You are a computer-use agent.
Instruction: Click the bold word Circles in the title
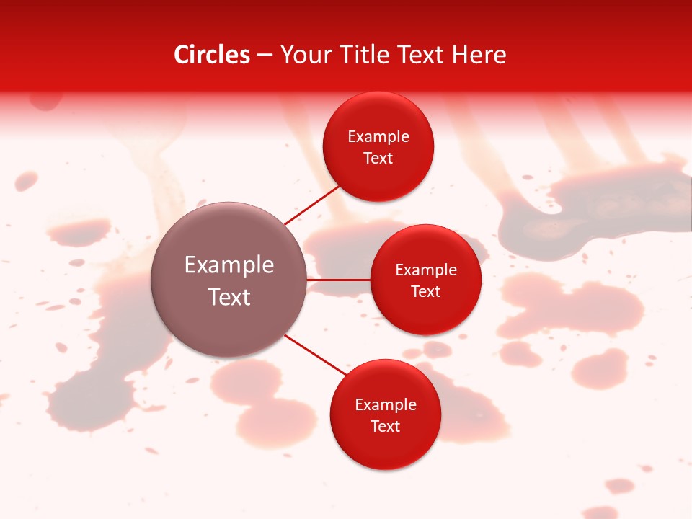(211, 55)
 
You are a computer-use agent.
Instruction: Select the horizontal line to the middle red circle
(339, 279)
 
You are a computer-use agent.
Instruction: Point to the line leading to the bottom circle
(316, 354)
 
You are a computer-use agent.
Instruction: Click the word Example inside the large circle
(229, 265)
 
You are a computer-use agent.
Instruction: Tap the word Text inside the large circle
(229, 297)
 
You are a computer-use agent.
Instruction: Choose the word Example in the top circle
(378, 136)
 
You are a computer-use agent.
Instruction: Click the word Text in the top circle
(378, 158)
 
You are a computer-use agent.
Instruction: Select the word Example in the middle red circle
(426, 270)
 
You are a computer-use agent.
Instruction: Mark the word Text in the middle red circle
(426, 291)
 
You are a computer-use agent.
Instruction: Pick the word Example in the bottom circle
(386, 404)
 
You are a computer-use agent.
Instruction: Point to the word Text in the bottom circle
(386, 426)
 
